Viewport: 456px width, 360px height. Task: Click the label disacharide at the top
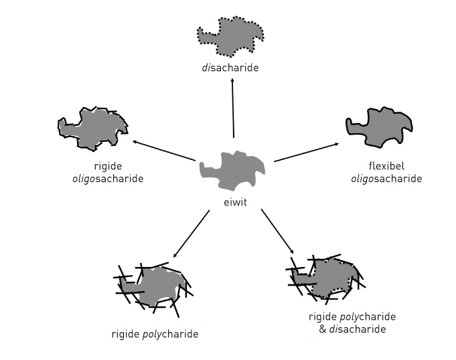232,67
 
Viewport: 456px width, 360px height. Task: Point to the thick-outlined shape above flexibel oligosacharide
379,126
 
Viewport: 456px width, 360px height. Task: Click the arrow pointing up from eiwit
233,107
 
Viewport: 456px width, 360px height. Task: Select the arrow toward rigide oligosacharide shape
164,151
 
